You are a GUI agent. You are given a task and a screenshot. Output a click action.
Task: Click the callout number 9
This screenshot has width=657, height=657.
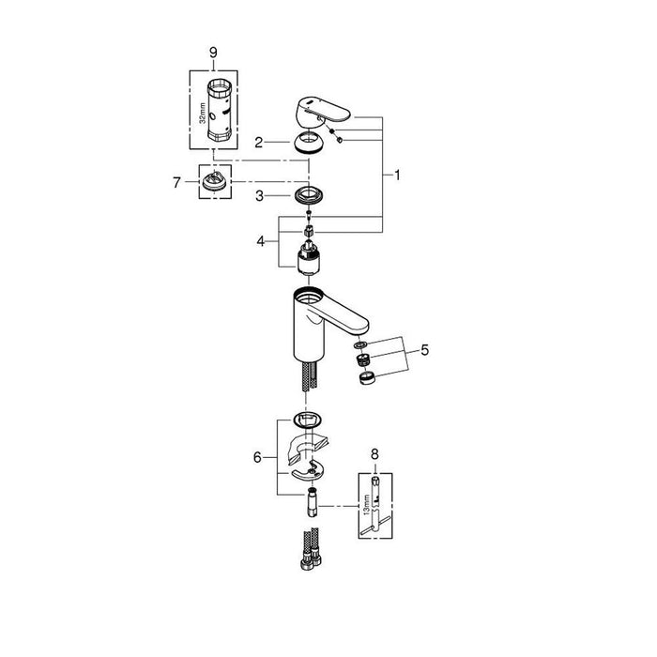(x=213, y=53)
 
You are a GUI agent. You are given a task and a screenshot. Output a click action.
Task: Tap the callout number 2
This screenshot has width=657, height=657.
(x=257, y=142)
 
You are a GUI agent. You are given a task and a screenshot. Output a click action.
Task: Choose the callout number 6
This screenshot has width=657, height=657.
(x=257, y=457)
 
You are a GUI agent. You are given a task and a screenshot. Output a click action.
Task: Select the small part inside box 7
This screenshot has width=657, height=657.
(x=215, y=180)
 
